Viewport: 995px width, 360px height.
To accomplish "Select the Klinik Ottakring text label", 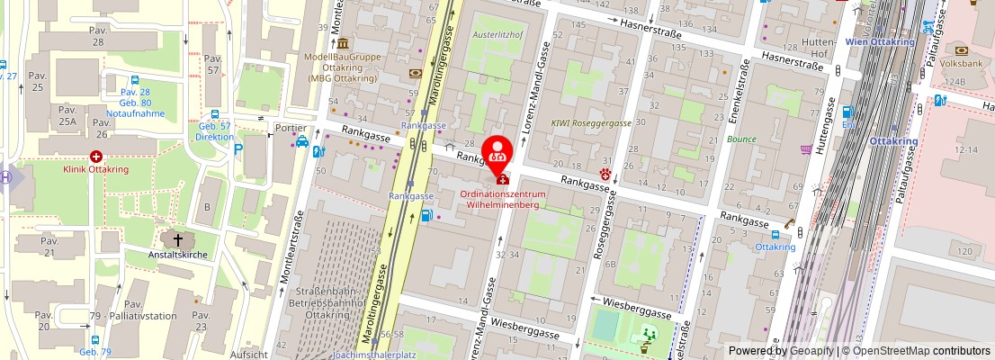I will click(94, 168).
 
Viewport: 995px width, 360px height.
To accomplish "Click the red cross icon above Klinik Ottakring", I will click(95, 157).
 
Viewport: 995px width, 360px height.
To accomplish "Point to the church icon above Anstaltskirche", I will click(178, 239).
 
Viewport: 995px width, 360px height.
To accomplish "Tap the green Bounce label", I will click(741, 139).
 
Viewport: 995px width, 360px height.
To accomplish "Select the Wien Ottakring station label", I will click(879, 41).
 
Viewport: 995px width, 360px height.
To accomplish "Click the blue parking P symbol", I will click(238, 149).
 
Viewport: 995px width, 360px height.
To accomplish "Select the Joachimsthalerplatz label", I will click(374, 354).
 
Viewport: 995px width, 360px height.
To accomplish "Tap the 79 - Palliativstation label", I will click(132, 316).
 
